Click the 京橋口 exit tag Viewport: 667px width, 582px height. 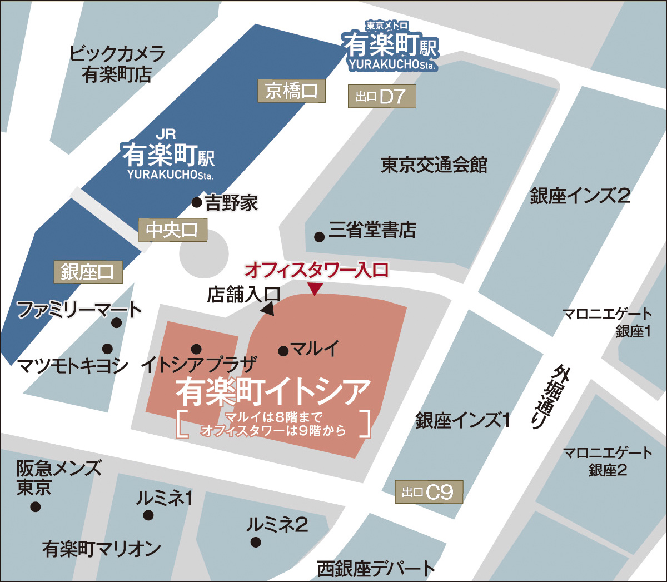[291, 91]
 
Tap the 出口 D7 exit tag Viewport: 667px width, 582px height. [381, 97]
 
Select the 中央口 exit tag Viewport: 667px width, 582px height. [172, 230]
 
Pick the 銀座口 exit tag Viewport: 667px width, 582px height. [88, 272]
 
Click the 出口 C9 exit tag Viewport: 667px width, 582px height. [429, 492]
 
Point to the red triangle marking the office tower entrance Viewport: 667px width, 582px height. [315, 289]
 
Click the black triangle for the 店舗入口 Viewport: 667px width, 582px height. [268, 309]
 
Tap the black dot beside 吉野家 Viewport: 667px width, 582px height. [197, 202]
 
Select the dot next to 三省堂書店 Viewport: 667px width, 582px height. [319, 237]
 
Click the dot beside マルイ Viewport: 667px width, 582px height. [283, 351]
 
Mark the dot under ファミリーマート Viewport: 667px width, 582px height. [116, 323]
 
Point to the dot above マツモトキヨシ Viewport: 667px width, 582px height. [107, 349]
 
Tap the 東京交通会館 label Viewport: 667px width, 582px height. [434, 165]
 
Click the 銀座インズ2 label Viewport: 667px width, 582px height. [580, 196]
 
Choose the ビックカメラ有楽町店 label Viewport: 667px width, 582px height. [117, 64]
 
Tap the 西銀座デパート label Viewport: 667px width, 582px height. [375, 568]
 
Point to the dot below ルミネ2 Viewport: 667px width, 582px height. [255, 541]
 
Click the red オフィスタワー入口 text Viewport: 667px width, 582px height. [316, 270]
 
